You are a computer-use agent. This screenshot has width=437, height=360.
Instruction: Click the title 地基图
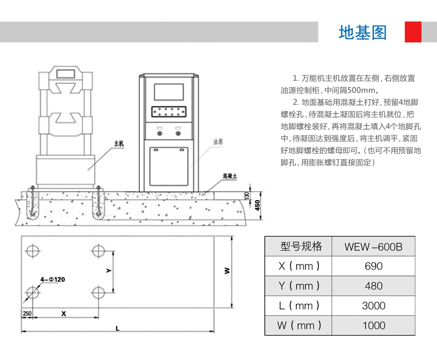tap(362, 32)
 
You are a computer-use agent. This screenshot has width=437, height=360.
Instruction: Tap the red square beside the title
tap(413, 32)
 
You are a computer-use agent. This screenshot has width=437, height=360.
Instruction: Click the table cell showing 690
tap(373, 266)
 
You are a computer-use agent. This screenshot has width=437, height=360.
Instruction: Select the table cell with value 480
tap(373, 286)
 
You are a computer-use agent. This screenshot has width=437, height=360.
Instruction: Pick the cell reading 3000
tap(373, 305)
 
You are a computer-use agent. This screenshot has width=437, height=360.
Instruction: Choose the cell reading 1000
tap(373, 325)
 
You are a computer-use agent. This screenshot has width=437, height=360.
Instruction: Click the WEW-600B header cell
tap(373, 247)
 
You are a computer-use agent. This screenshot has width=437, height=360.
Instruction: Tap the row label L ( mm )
tap(299, 305)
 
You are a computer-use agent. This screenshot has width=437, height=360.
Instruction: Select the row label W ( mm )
tap(299, 325)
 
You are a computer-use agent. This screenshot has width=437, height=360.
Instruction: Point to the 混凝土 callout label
tap(230, 176)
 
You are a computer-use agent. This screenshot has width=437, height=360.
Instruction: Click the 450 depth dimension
tap(257, 205)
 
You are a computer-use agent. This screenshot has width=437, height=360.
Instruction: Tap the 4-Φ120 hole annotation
tap(53, 279)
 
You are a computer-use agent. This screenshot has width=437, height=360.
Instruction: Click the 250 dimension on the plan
tap(27, 313)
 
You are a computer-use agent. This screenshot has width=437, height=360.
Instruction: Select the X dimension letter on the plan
tap(64, 313)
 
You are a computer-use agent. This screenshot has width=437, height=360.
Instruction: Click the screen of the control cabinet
tap(169, 92)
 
